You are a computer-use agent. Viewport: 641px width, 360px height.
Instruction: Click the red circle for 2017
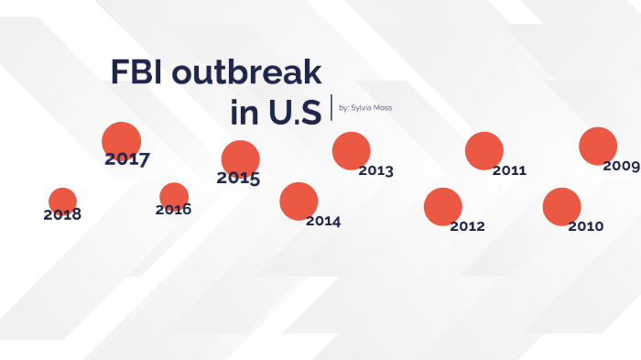(x=121, y=141)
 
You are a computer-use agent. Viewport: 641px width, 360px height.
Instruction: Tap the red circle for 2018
(x=62, y=201)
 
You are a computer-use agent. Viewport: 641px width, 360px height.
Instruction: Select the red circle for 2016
(x=173, y=196)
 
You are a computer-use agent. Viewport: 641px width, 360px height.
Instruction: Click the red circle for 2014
(x=299, y=202)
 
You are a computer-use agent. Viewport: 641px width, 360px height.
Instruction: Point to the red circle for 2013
(x=351, y=151)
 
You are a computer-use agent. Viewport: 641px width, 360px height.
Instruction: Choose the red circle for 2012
(x=443, y=207)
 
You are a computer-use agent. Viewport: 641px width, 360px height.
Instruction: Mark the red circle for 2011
(x=484, y=151)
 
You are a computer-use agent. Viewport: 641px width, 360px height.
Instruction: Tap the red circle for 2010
(x=561, y=207)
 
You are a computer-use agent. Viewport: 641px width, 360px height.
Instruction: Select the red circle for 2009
(x=598, y=147)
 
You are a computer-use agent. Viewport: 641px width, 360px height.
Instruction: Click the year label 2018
(x=62, y=215)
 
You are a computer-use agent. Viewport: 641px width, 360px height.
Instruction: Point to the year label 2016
(x=173, y=210)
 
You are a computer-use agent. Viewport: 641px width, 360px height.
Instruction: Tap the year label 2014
(x=323, y=222)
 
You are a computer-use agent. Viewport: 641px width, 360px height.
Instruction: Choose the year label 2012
(x=467, y=226)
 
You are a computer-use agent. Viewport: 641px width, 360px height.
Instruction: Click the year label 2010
(x=585, y=226)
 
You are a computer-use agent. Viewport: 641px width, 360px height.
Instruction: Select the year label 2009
(x=621, y=166)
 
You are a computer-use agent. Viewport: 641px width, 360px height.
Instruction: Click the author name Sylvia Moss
(x=371, y=107)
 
